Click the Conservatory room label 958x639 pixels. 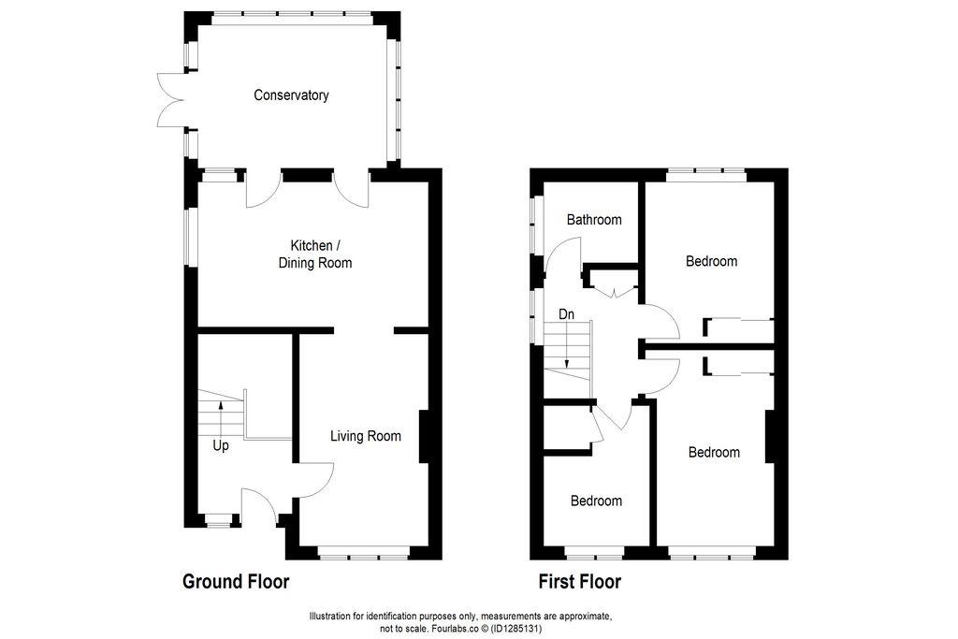click(x=291, y=95)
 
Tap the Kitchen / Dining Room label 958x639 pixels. click(x=315, y=254)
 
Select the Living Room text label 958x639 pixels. click(x=366, y=436)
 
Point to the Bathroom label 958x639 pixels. click(x=594, y=220)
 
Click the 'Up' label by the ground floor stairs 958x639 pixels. click(x=221, y=446)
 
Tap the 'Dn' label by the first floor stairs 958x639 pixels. click(x=566, y=314)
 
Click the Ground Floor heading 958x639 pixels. click(x=236, y=582)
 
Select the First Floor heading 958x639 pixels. click(x=579, y=582)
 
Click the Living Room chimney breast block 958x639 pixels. click(x=424, y=436)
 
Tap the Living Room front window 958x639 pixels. click(x=364, y=557)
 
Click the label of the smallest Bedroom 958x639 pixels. click(x=596, y=501)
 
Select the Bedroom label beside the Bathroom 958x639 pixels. click(x=711, y=261)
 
